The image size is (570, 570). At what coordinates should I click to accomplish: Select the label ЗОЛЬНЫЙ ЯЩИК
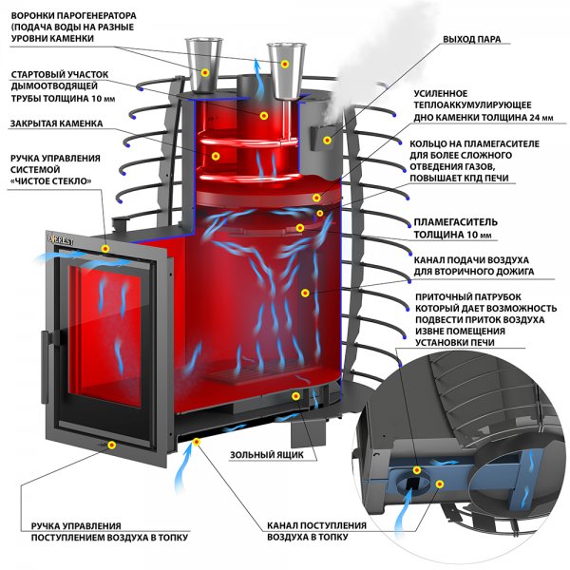267,455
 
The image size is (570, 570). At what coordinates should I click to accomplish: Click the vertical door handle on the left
40,346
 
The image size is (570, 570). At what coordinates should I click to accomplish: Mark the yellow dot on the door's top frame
106,248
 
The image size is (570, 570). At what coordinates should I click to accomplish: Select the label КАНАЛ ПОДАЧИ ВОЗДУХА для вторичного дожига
472,265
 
